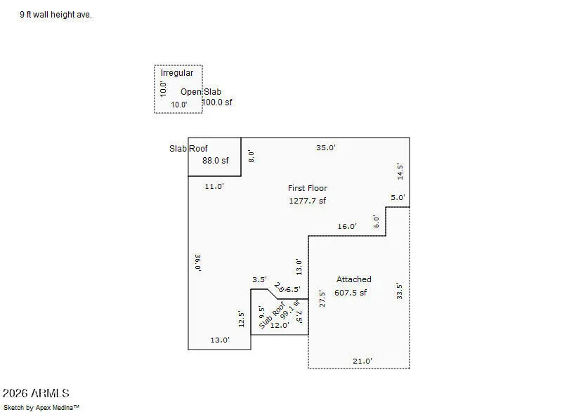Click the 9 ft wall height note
(55, 15)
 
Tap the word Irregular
(177, 73)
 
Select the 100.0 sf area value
(217, 102)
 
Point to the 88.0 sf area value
(215, 161)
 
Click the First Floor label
(308, 188)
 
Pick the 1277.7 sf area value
(307, 201)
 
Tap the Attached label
(354, 279)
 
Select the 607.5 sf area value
(351, 293)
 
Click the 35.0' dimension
(326, 147)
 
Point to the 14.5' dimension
(400, 172)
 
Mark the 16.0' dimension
(347, 226)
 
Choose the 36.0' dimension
(197, 263)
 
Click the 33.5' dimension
(399, 291)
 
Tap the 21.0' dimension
(362, 361)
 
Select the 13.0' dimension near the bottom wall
(220, 340)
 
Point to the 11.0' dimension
(214, 186)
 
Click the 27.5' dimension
(322, 299)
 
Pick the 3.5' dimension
(259, 279)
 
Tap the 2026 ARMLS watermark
(36, 393)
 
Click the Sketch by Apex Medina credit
(41, 407)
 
